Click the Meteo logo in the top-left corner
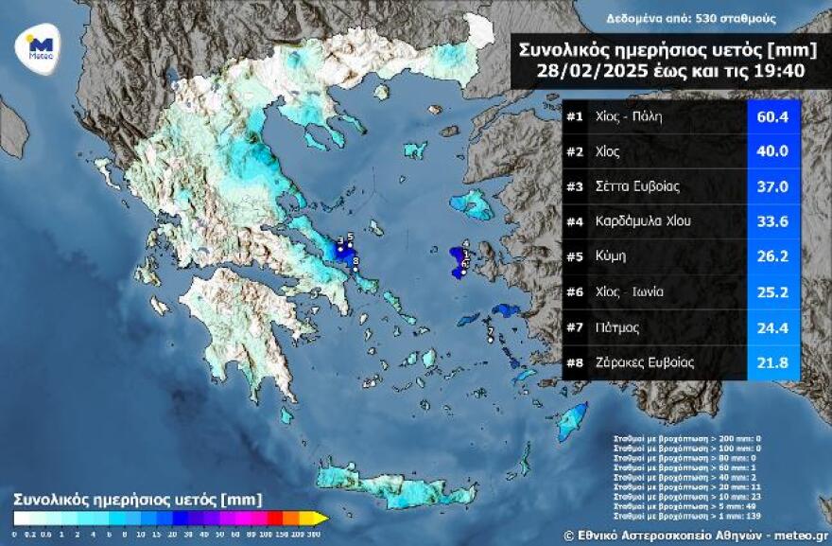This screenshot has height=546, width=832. pos(39,44)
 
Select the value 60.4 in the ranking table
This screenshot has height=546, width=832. pos(774,117)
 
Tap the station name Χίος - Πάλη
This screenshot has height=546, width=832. pos(629,117)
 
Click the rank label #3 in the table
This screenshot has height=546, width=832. pos(574,186)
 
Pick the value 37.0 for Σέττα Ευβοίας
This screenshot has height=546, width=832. pos(774,186)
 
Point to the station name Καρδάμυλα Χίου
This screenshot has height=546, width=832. pos(643,221)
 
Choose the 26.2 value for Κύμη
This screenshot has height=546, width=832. pos(774,256)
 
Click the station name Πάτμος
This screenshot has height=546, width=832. pos(618,326)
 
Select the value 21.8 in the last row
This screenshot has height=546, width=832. pos(774,361)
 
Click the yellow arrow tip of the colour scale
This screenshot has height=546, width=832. pos(322,518)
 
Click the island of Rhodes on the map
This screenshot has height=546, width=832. pos(573,420)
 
